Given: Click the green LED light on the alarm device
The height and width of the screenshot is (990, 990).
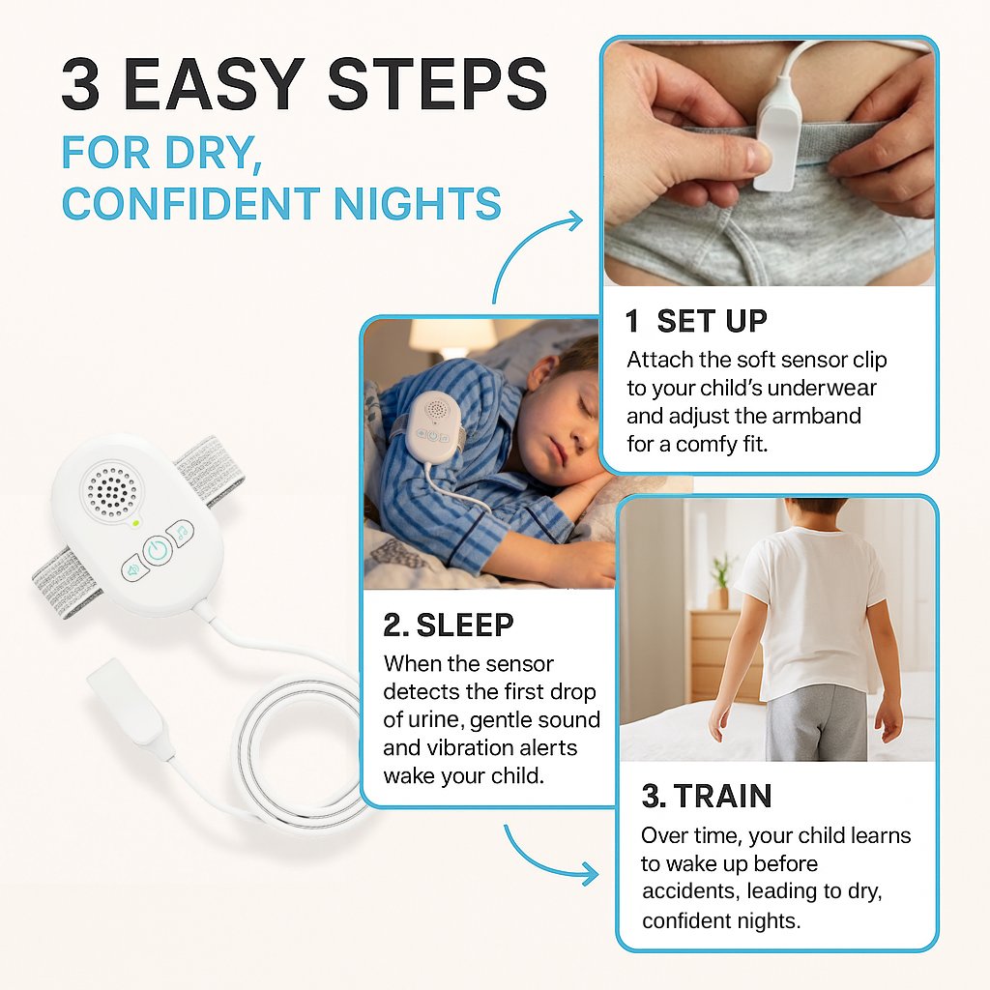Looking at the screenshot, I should click(137, 523).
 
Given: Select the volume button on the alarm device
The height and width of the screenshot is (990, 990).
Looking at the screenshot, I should click(131, 569).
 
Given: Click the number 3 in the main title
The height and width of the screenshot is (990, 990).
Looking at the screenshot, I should click(81, 86).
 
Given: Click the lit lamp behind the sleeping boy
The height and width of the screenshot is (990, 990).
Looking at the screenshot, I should click(439, 338).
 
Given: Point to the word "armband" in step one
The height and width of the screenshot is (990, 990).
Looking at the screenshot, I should click(819, 417).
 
